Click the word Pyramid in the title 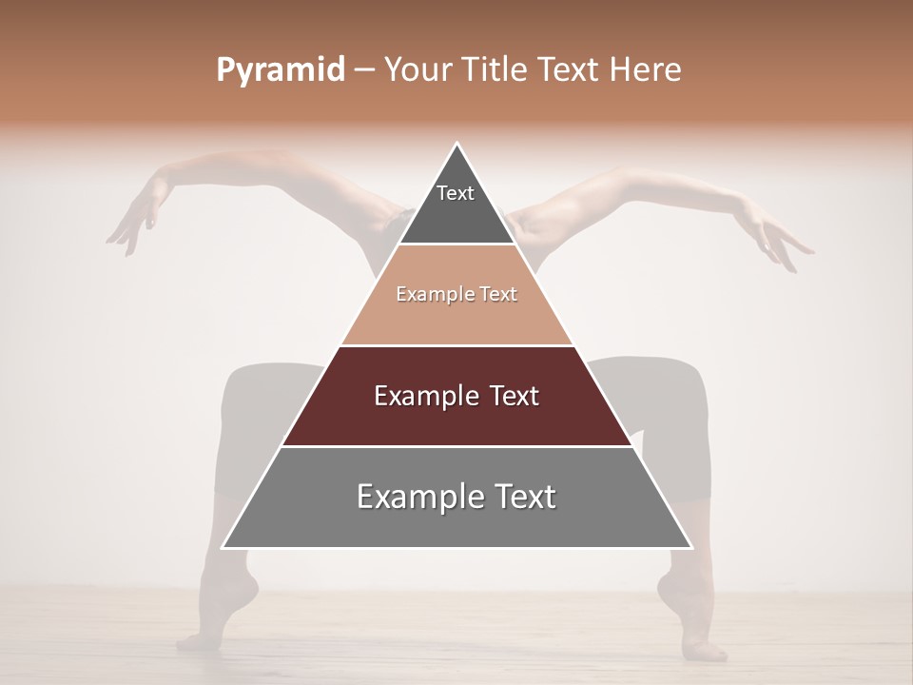point(281,70)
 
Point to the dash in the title point(364,70)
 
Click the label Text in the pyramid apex point(456,193)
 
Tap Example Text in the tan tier point(456,294)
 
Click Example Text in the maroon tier point(456,396)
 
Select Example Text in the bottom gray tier point(456,497)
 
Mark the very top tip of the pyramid point(457,144)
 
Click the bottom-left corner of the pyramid point(223,548)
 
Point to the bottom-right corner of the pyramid point(691,548)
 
